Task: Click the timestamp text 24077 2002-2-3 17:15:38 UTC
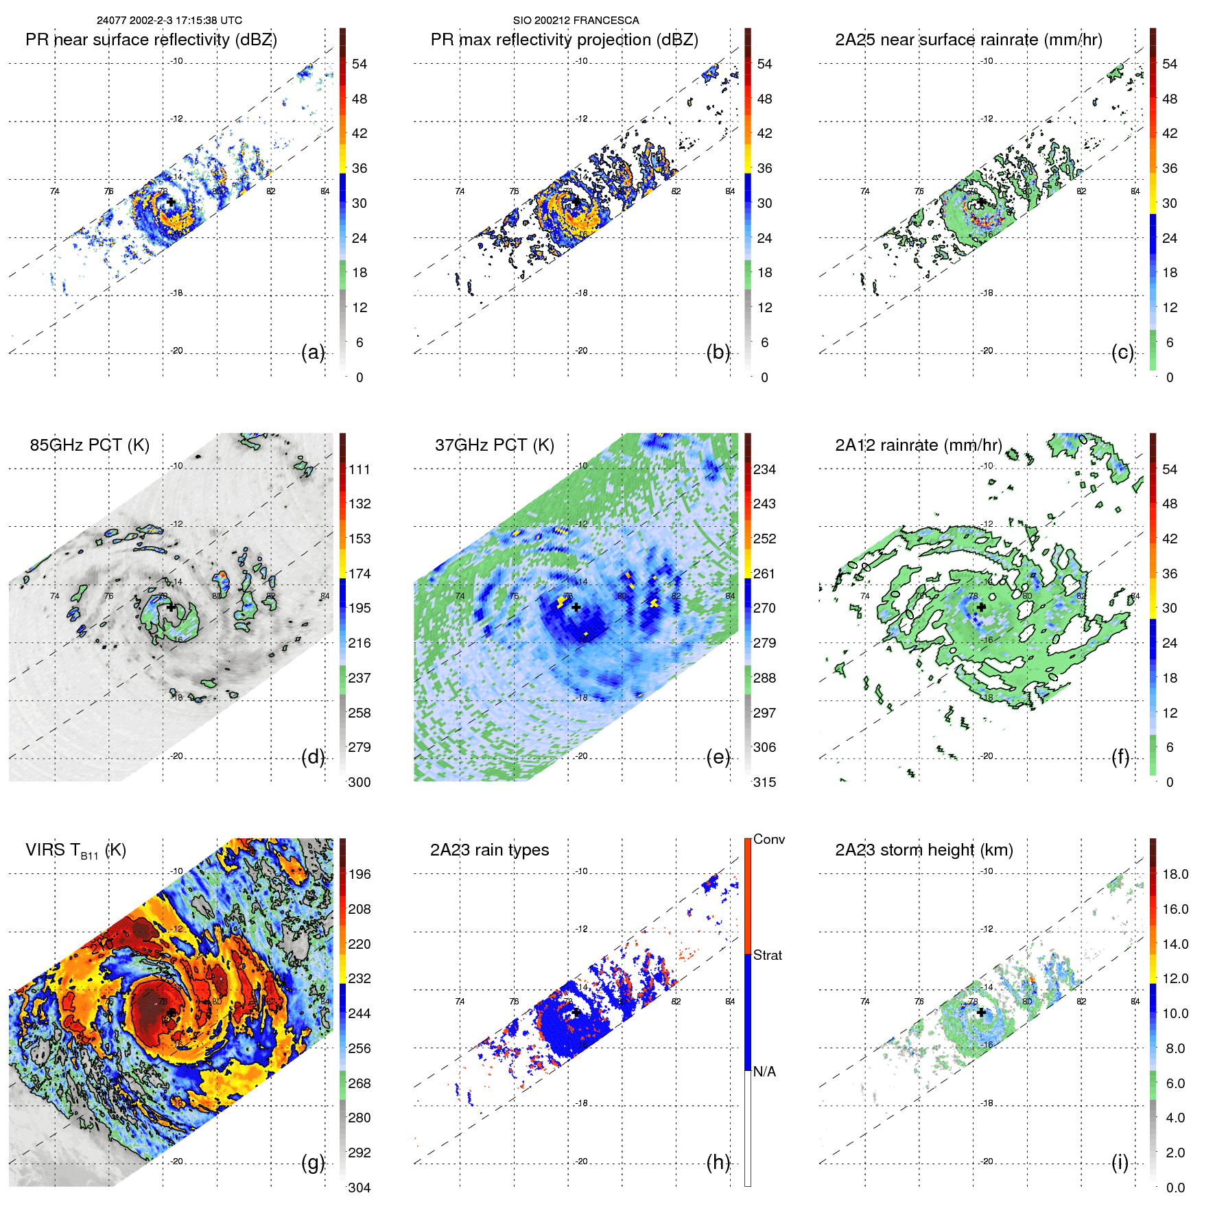pos(169,21)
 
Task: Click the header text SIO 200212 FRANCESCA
pos(576,21)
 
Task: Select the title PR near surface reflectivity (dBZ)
pos(151,40)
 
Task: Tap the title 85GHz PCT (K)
pos(89,445)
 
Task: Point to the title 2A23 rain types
pos(489,850)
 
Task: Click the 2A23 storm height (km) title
pos(923,850)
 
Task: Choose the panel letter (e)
pos(718,757)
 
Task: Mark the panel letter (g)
pos(313,1162)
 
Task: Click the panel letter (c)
pos(1122,352)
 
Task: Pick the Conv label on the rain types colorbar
pos(768,839)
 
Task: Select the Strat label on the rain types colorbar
pos(767,955)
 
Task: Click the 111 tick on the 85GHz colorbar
pos(359,469)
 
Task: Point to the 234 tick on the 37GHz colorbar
pos(764,469)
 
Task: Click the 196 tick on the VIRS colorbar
pos(359,874)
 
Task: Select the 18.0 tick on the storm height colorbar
pos(1175,874)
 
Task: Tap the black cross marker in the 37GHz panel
pos(576,607)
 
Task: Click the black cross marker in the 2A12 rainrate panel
pos(981,607)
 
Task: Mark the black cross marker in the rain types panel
pos(576,1013)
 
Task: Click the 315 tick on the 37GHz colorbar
pos(764,782)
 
